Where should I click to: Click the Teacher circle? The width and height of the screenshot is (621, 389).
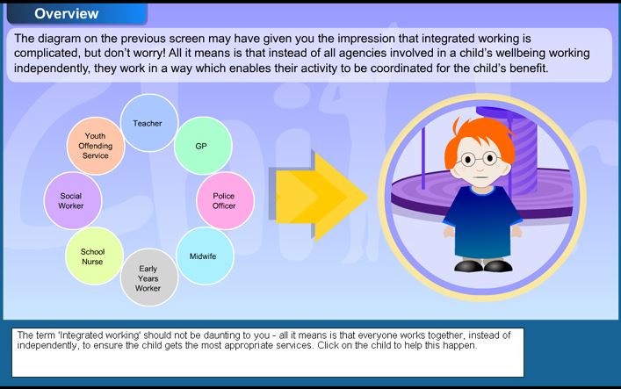coord(149,123)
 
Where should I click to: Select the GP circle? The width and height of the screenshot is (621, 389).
coord(203,146)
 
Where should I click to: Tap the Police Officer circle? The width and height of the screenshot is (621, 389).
coord(226,200)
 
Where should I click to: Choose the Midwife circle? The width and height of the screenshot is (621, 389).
coord(205,256)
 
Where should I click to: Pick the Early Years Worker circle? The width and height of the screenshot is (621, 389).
coord(149,277)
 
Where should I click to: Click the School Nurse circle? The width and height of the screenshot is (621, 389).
coord(94,256)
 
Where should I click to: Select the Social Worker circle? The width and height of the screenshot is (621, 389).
coord(73,200)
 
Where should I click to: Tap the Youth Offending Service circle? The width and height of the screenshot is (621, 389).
coord(96,146)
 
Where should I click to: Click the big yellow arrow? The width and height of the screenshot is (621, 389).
coord(319,196)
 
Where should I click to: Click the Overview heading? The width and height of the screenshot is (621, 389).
coord(67,13)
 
